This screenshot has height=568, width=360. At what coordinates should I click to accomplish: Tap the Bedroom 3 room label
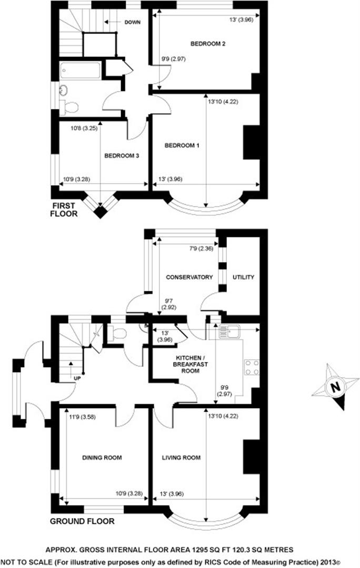[121, 156]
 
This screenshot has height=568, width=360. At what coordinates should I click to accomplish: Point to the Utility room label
[243, 277]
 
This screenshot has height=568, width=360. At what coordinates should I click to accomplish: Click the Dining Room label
[102, 458]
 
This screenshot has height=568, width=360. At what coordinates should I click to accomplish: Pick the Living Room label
[182, 458]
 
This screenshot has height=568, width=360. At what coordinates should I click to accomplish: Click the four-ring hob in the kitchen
[251, 367]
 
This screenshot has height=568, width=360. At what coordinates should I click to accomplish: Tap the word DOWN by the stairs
[132, 22]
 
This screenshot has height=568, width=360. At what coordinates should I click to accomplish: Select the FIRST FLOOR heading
[64, 209]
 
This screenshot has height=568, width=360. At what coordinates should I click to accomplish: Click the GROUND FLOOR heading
[82, 522]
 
